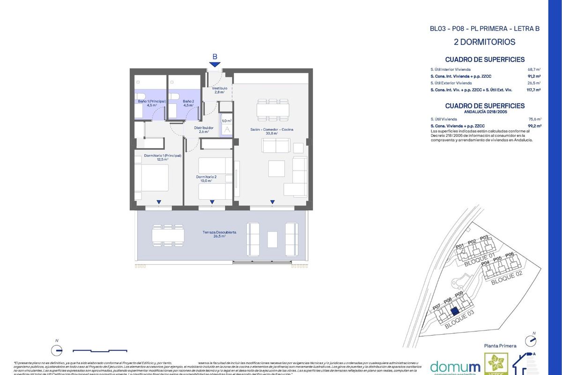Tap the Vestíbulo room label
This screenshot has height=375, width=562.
[219, 90]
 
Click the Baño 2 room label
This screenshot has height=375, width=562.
[188, 103]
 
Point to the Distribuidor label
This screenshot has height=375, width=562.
[204, 129]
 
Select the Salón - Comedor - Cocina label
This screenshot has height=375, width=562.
[272, 131]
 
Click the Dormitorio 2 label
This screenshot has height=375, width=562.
[206, 179]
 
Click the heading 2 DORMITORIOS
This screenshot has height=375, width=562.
[485, 42]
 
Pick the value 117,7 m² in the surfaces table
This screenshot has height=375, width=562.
[533, 89]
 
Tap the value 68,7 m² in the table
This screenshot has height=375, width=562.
[534, 69]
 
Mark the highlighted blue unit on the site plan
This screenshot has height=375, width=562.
[453, 311]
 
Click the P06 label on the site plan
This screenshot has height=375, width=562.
[510, 255]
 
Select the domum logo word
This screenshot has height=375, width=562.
[448, 367]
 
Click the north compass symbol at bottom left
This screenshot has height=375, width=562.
[56, 349]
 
